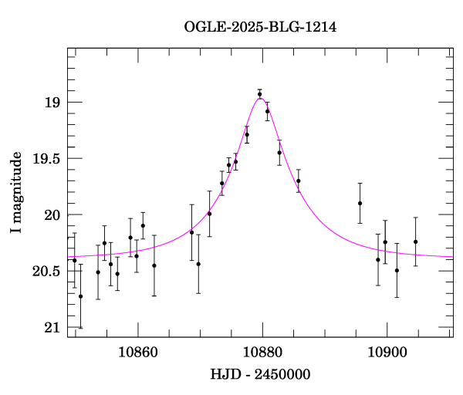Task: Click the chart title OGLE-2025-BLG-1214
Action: (x=260, y=27)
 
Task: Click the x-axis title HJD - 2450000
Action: (x=260, y=375)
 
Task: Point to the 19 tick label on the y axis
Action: (x=51, y=103)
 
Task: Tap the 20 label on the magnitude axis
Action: (x=51, y=215)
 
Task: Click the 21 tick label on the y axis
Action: (x=51, y=328)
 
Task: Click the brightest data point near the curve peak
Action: (x=260, y=94)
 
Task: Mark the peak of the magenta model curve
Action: (x=261, y=98)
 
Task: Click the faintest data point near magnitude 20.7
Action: (x=80, y=296)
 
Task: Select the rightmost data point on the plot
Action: (x=415, y=241)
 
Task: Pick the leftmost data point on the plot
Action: (x=74, y=261)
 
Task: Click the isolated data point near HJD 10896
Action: (x=360, y=203)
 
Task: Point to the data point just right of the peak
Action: (x=267, y=111)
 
